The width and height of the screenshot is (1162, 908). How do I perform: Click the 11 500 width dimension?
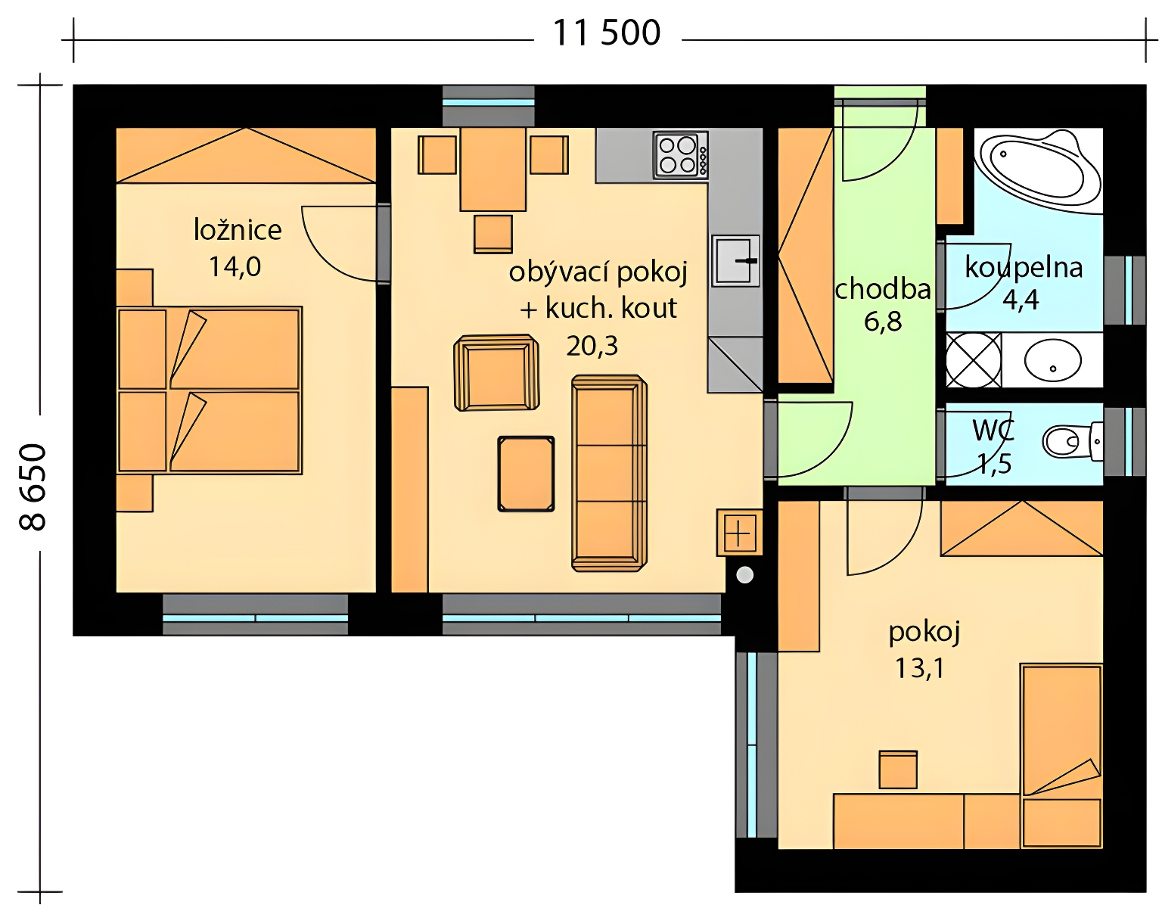607,34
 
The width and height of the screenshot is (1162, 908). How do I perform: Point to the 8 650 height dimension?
33,487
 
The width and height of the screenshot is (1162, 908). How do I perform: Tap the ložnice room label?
238,231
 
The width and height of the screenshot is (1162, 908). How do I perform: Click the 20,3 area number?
592,346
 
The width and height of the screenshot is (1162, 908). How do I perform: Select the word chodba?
883,289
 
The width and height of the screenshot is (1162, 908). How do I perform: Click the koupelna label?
1024,267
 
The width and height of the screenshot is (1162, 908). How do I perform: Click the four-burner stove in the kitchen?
680,155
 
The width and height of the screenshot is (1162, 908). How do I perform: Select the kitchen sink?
736,260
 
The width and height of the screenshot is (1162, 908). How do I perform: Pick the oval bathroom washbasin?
1052,360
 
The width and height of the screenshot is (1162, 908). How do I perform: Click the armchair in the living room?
496,373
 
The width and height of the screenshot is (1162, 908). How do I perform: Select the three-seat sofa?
609,473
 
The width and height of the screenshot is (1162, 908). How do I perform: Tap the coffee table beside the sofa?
527,474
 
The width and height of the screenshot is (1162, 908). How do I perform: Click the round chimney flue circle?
745,575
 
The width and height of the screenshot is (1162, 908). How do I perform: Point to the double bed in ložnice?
209,390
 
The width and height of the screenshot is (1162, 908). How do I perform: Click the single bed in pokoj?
1061,756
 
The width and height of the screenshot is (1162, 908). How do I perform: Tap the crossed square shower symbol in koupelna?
974,360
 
